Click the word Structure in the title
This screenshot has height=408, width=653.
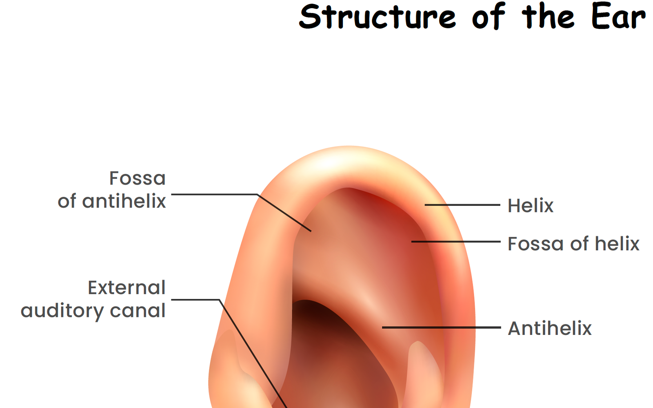(377, 17)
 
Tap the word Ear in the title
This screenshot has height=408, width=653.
(618, 17)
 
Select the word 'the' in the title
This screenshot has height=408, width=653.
(548, 17)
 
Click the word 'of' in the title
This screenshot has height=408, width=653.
(488, 17)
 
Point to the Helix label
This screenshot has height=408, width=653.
(530, 205)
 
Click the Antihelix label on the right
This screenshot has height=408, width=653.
(549, 328)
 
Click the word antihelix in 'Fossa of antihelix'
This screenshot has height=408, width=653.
(124, 201)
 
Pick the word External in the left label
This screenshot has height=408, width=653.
(127, 288)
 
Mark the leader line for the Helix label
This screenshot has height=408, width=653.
(462, 205)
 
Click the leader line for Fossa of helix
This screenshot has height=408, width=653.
(455, 242)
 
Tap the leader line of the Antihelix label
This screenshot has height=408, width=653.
(441, 327)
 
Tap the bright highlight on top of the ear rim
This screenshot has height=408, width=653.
(347, 161)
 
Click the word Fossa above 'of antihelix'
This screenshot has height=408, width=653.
(137, 178)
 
